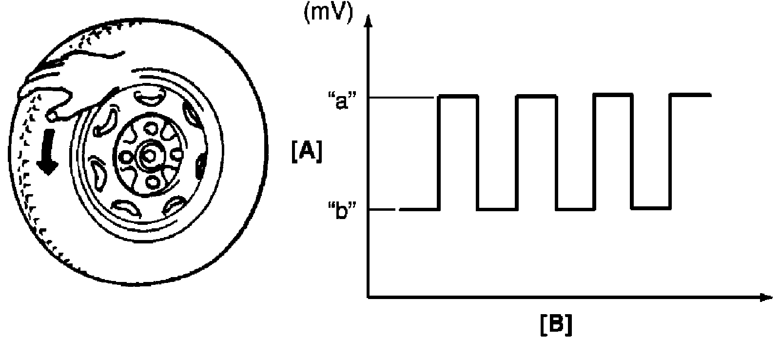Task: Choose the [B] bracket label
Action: (556, 325)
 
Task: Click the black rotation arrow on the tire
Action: (47, 156)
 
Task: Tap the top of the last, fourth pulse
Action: (691, 94)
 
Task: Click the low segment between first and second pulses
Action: (497, 209)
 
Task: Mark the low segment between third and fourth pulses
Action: (651, 209)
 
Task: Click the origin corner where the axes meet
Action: (369, 297)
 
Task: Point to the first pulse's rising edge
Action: (440, 153)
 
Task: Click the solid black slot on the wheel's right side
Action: (200, 166)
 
